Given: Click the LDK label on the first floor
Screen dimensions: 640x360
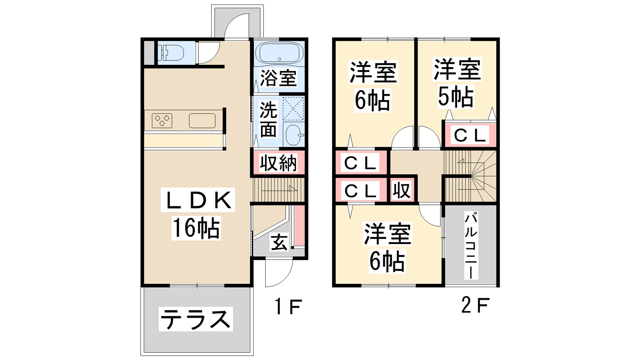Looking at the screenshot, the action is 198,200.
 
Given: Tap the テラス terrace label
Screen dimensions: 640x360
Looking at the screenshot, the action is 196,319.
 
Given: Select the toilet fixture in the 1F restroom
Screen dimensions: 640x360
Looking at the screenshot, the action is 172,54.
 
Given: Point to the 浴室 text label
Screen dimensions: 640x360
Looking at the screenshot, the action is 278,78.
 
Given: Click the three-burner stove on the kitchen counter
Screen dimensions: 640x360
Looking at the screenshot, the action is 162,120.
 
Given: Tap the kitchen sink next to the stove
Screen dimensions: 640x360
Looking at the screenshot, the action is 202,120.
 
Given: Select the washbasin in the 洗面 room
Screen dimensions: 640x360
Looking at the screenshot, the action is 294,135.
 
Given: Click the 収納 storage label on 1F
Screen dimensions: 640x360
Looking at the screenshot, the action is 278,163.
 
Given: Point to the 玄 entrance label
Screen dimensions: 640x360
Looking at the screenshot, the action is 279,242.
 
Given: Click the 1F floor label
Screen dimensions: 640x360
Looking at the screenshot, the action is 288,306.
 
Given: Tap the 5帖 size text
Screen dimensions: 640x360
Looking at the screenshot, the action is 456,96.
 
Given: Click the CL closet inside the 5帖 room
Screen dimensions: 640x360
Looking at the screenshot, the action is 470,135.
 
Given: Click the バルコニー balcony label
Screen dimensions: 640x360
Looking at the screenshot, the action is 471,246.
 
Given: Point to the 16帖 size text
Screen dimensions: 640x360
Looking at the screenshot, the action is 196,228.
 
